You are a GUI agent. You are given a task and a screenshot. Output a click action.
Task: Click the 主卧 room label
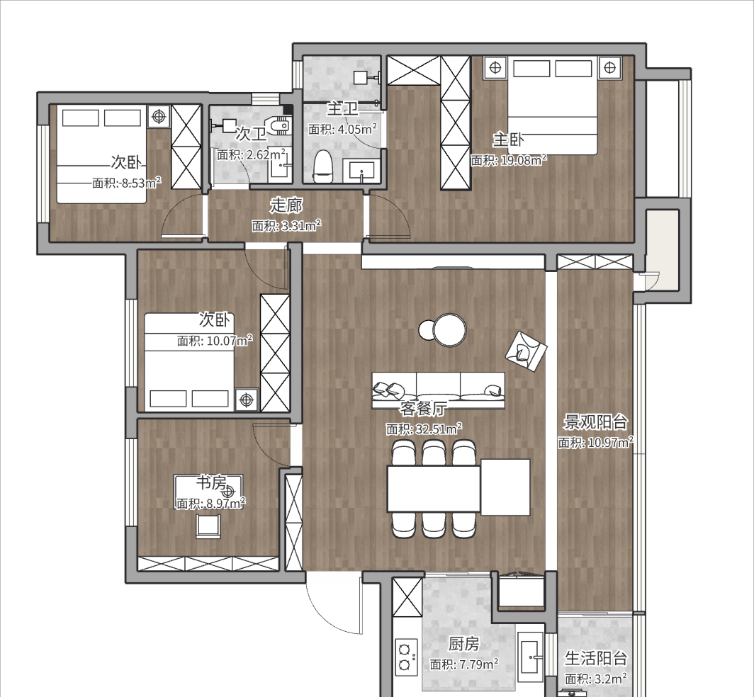(508, 140)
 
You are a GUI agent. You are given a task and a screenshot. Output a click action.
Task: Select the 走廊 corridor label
(286, 205)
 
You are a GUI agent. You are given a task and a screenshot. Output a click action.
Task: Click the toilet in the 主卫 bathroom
(323, 166)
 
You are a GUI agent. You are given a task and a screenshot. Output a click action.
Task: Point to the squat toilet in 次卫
(280, 126)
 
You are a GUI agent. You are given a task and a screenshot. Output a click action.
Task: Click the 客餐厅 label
(422, 409)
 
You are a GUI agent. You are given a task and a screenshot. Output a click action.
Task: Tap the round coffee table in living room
(449, 330)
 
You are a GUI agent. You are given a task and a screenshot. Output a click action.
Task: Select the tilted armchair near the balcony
(526, 351)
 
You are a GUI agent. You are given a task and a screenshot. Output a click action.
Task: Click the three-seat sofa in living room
(439, 390)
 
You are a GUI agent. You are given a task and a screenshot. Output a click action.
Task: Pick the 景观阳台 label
(595, 422)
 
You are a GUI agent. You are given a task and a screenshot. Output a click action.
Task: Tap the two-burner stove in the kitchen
(405, 657)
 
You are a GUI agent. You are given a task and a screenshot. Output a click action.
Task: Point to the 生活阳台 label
(596, 658)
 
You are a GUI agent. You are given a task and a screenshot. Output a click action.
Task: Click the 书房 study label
(211, 482)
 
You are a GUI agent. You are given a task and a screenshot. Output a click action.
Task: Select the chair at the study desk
(208, 526)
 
